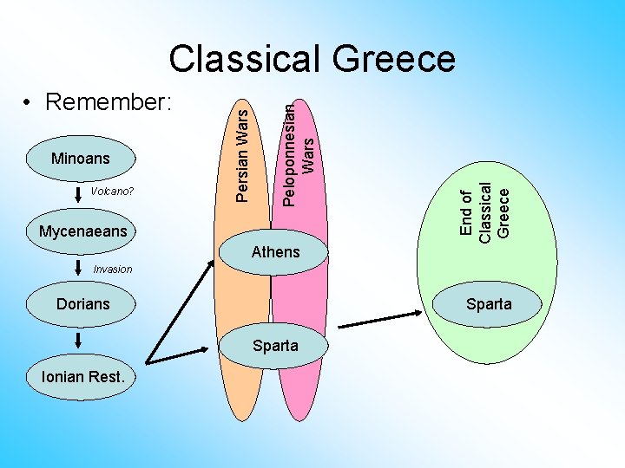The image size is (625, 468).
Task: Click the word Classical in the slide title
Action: coord(246,59)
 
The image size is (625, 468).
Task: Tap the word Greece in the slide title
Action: coord(391,59)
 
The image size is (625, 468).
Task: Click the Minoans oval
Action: coord(81,159)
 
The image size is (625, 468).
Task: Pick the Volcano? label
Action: coord(111,191)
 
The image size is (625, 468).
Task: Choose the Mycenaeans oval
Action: coord(82,231)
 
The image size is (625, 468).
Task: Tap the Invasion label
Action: coord(112,269)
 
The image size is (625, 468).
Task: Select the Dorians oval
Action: coord(82,304)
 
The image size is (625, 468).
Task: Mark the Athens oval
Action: coord(274,252)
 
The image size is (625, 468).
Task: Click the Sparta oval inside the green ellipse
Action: coord(489,304)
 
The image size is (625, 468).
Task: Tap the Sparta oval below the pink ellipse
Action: coord(274,346)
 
